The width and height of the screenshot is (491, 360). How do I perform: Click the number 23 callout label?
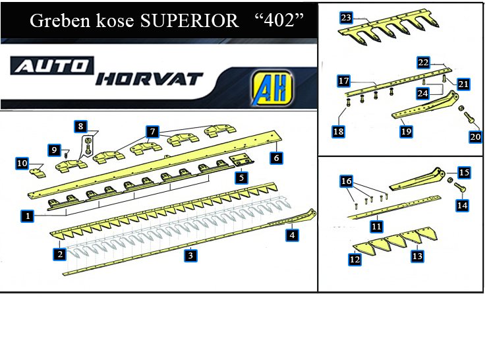coord(346,18)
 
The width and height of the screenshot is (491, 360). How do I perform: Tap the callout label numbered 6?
coord(276,158)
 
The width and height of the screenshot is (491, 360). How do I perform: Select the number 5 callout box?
coord(241,177)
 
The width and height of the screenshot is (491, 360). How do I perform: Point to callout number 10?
coord(22,164)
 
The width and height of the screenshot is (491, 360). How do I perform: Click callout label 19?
coord(406,131)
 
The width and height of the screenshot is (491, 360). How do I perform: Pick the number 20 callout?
coord(475,136)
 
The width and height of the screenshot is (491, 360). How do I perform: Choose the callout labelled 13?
coord(417,256)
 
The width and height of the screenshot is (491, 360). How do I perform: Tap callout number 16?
coord(346,181)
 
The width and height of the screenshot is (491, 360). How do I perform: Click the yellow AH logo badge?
coord(272,88)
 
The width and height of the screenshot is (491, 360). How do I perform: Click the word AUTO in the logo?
coord(52,66)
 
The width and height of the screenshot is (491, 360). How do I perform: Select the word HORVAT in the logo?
coord(150,79)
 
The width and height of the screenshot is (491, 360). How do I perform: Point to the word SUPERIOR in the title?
coord(189,20)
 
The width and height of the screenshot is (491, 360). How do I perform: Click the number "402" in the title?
coord(279,20)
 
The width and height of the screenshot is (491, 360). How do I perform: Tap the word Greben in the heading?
coord(60,20)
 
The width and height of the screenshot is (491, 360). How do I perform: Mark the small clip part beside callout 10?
coord(38,173)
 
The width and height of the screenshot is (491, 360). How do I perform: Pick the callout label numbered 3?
coord(190,256)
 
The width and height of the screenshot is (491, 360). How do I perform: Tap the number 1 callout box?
coord(28,216)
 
